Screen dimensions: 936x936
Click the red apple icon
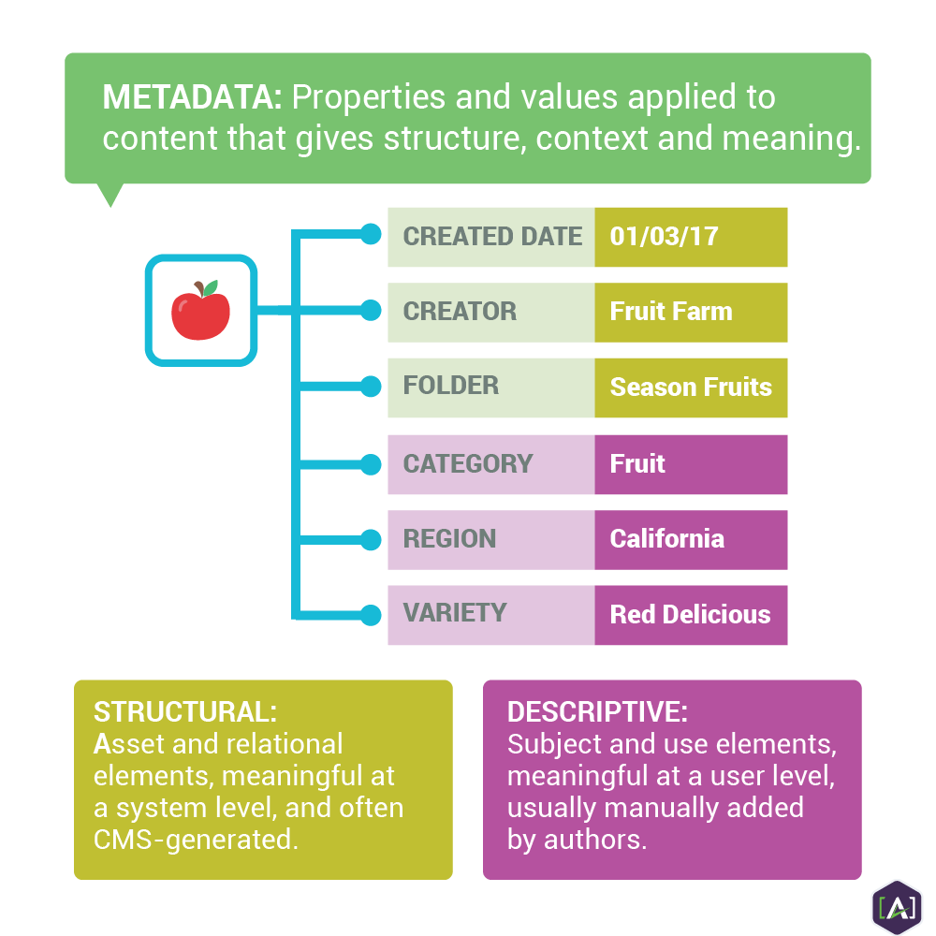[200, 313]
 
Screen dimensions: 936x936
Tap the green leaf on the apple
[210, 286]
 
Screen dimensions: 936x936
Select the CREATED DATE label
[492, 237]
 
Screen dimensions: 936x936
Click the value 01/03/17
[664, 236]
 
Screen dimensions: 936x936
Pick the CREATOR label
[460, 312]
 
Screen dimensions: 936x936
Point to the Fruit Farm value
[671, 312]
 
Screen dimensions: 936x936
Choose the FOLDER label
[450, 386]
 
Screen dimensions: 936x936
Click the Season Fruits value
[691, 387]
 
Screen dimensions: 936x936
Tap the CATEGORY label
[468, 463]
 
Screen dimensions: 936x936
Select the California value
[666, 539]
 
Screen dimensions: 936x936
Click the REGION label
[449, 539]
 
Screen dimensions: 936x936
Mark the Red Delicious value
[690, 615]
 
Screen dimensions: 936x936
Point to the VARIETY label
[455, 613]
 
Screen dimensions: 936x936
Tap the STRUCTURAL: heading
[185, 711]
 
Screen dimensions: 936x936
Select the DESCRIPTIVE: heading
[597, 711]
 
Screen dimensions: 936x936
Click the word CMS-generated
[196, 839]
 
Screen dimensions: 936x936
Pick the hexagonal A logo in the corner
[896, 906]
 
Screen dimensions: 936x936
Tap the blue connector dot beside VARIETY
[371, 615]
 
